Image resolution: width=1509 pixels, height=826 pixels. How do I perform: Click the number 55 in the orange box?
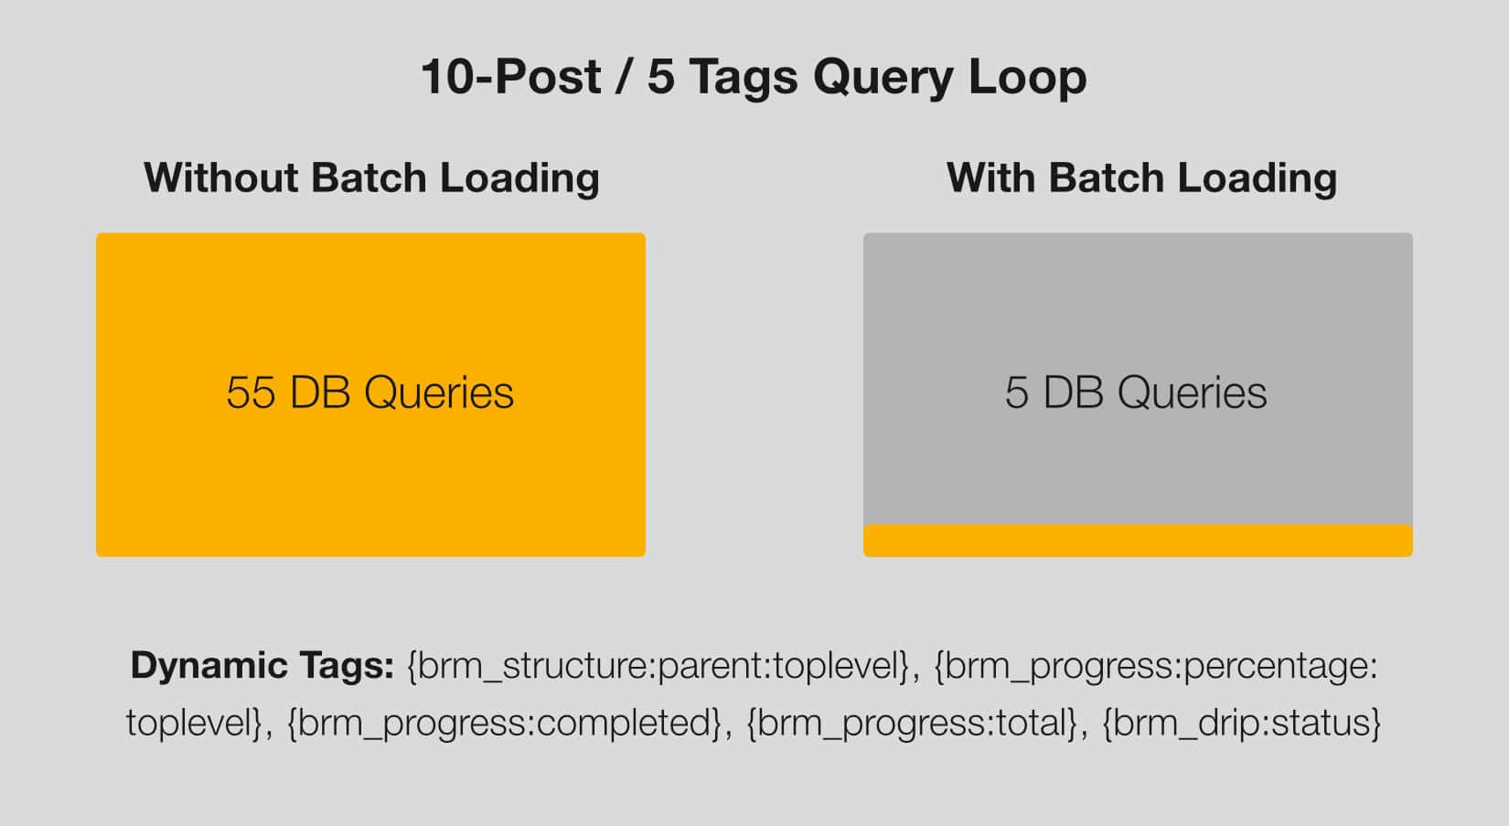(251, 392)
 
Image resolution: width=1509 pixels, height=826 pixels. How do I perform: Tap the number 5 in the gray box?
(1017, 392)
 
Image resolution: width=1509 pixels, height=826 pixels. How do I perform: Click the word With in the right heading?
(989, 177)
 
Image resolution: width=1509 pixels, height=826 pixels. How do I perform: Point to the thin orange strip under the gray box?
(1138, 541)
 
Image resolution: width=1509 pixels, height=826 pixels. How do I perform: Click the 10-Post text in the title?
(510, 76)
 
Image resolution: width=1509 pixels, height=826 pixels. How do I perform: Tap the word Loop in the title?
(1027, 78)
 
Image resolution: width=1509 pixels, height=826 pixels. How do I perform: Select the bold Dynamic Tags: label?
(262, 666)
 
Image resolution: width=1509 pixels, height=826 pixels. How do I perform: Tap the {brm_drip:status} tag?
(1242, 723)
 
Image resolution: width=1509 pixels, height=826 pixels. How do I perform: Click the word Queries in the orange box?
(439, 392)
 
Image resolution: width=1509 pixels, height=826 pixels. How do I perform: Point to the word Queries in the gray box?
(1193, 392)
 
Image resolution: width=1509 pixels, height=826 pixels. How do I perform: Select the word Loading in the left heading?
(519, 179)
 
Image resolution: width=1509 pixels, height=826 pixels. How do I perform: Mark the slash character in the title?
(624, 76)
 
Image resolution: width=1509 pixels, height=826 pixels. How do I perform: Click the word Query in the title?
(883, 78)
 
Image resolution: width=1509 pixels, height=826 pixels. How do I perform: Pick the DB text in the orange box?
(320, 392)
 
